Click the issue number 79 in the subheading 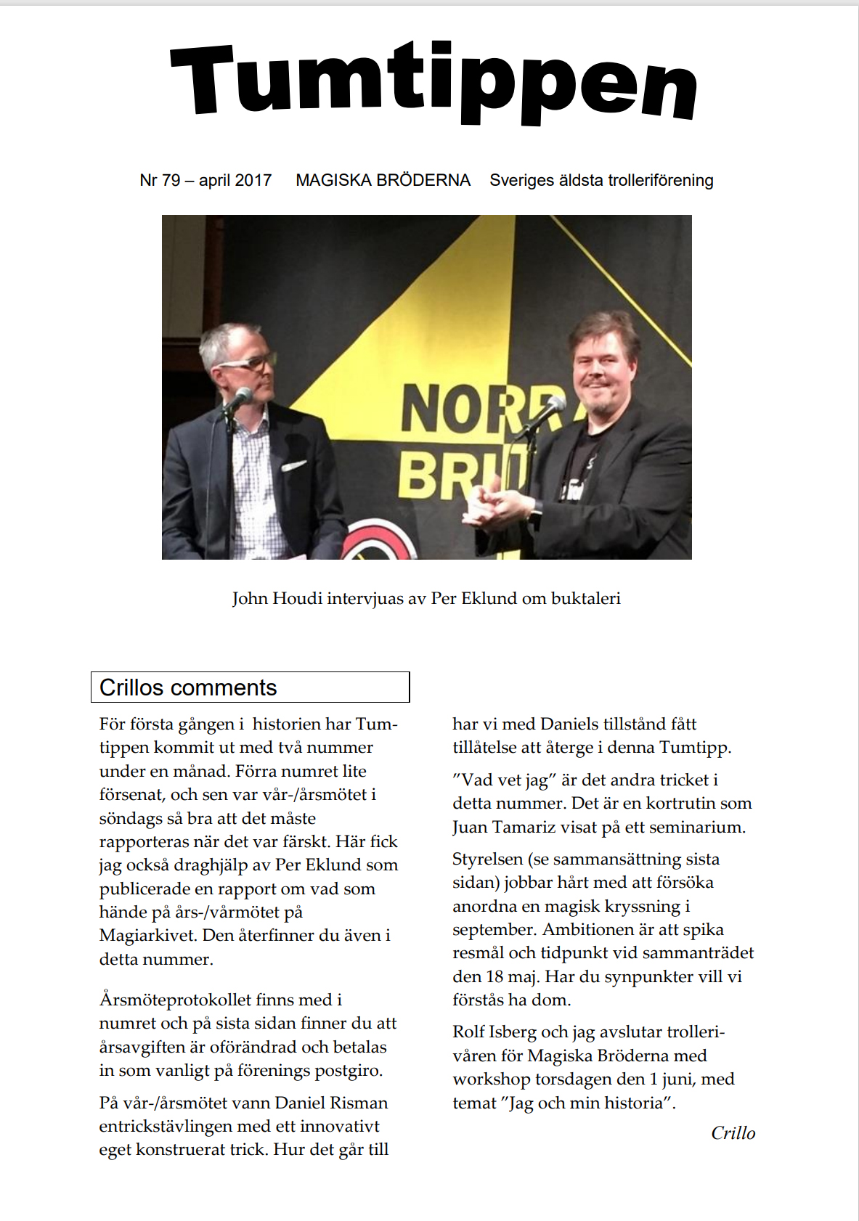tap(171, 180)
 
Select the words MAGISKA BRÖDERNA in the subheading tap(383, 180)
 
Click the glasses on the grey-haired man tap(251, 362)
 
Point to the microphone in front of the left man tap(238, 399)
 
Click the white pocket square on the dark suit tap(293, 466)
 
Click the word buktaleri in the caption tap(585, 599)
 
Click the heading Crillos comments tap(188, 687)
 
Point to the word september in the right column tap(492, 929)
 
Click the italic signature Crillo tap(733, 1133)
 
